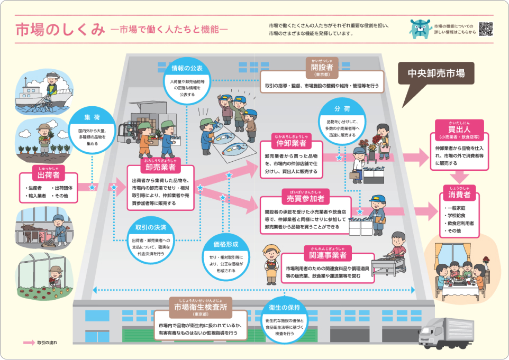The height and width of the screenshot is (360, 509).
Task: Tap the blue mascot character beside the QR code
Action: pos(420,29)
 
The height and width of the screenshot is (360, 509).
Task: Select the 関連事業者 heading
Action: pos(325,256)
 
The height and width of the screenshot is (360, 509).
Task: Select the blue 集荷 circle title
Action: pos(92,117)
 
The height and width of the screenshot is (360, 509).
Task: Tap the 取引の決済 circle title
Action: pos(151,228)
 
